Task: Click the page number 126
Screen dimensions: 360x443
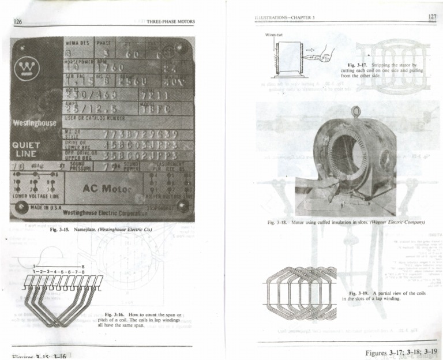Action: coord(18,22)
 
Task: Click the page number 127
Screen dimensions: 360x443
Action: coord(432,17)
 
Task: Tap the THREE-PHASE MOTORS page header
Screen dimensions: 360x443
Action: coord(171,22)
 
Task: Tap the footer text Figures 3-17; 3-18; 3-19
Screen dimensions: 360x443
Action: coord(401,352)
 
